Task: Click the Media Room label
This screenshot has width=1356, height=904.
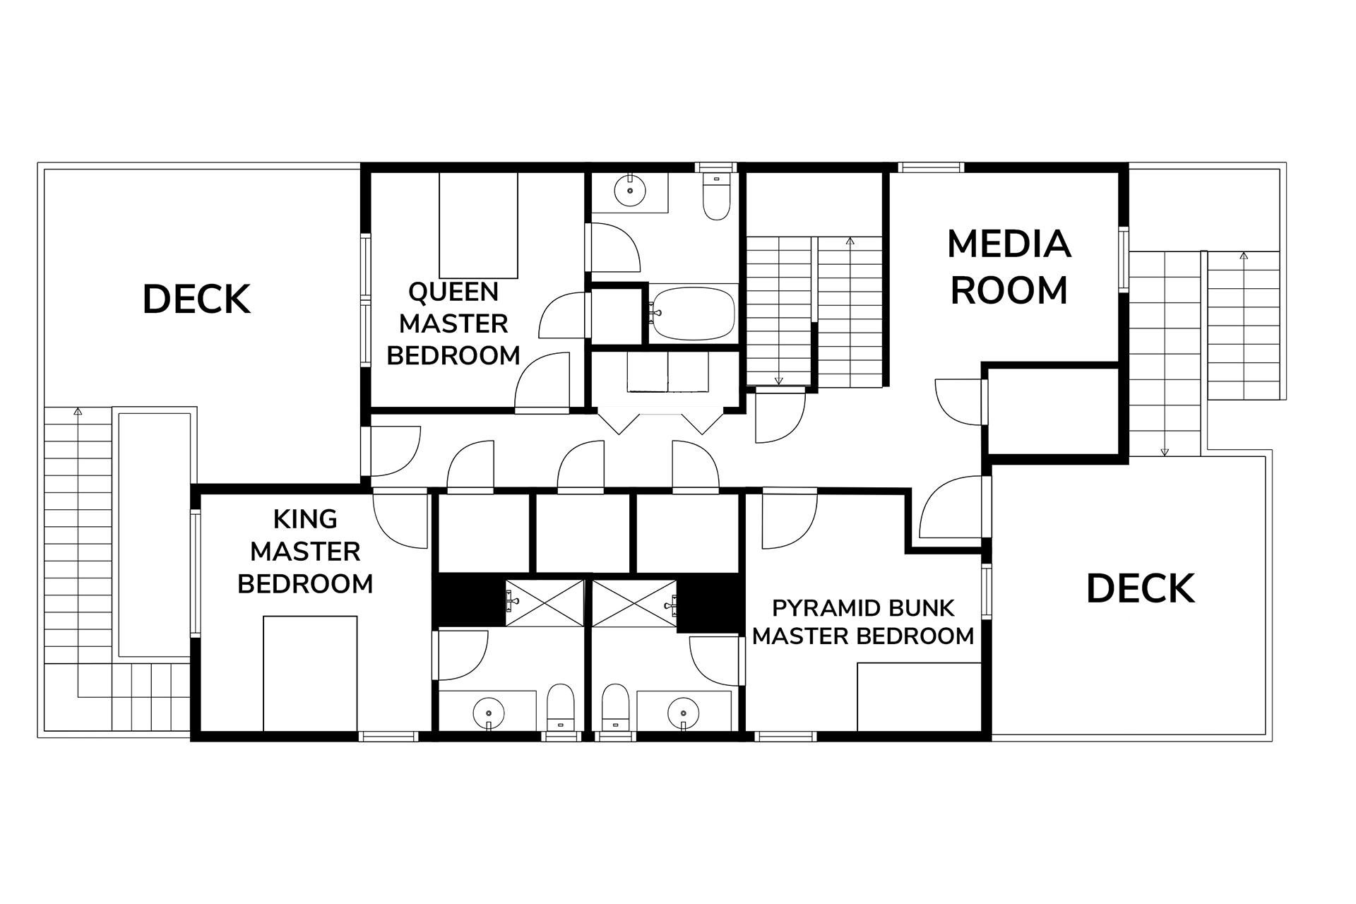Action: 1009,267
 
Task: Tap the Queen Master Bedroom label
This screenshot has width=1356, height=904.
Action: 453,323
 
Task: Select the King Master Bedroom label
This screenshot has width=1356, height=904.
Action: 305,552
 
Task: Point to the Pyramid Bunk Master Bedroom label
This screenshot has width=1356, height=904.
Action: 863,622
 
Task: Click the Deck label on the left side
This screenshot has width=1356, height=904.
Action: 197,299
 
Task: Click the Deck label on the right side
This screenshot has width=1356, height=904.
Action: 1141,589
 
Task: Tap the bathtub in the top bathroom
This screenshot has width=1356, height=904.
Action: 693,313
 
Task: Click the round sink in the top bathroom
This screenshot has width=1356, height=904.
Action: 629,190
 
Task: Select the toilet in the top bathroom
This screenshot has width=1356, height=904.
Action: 716,195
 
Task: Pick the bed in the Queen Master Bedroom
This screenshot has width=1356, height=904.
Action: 478,225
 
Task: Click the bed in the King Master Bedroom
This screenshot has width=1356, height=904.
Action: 310,674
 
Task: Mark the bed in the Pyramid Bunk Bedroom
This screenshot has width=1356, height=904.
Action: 920,697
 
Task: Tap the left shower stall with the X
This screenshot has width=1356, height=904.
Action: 545,603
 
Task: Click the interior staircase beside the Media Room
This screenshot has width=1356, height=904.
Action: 815,311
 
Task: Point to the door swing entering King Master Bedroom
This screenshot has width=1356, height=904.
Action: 400,521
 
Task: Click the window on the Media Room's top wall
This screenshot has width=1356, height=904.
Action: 931,167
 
